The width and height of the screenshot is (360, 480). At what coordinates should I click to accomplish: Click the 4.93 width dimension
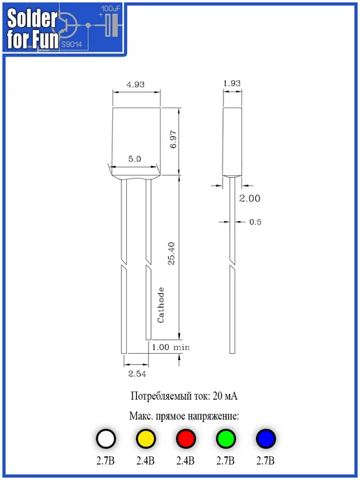135,84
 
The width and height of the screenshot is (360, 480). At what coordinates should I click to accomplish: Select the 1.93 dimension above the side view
232,83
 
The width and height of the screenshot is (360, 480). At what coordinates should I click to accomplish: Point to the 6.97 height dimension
173,140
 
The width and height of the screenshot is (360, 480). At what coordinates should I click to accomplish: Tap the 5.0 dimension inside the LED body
135,159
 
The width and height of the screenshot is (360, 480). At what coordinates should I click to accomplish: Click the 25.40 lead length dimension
172,253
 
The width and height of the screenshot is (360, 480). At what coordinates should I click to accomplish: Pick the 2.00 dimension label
250,198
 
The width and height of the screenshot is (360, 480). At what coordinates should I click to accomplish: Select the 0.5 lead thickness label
255,222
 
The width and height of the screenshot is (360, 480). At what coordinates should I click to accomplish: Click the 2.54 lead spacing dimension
137,374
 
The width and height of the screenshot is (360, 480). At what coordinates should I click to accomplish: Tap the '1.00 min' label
171,347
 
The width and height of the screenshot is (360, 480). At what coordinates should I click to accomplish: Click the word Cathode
160,305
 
